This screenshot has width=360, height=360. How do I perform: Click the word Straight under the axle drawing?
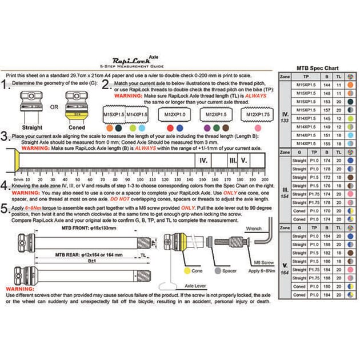pyautogui.click(x=32, y=127)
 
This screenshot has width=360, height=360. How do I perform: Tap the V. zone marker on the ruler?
pyautogui.click(x=244, y=161)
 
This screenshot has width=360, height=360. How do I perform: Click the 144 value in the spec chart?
pyautogui.click(x=327, y=84)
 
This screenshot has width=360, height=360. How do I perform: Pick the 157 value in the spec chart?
pyautogui.click(x=327, y=109)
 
